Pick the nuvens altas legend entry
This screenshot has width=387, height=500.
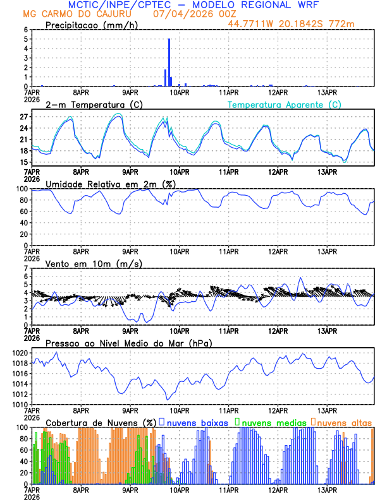pos(342,422)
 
